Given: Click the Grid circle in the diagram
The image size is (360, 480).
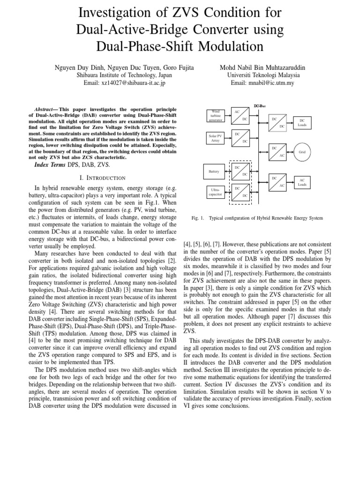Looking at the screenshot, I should pos(302,152).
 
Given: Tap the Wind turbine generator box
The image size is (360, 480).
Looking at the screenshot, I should pos(215,116).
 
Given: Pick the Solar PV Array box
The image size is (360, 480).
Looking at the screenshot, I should pos(215,138).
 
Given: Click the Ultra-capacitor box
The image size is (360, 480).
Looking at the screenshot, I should pos(215,191).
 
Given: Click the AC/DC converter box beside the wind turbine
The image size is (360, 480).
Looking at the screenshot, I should pos(240,116).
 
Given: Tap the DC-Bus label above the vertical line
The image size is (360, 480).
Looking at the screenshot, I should pos(260,106).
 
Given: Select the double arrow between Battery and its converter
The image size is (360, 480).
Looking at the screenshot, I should pos(227,172).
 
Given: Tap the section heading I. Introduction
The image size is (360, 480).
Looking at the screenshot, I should pos(102,178).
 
